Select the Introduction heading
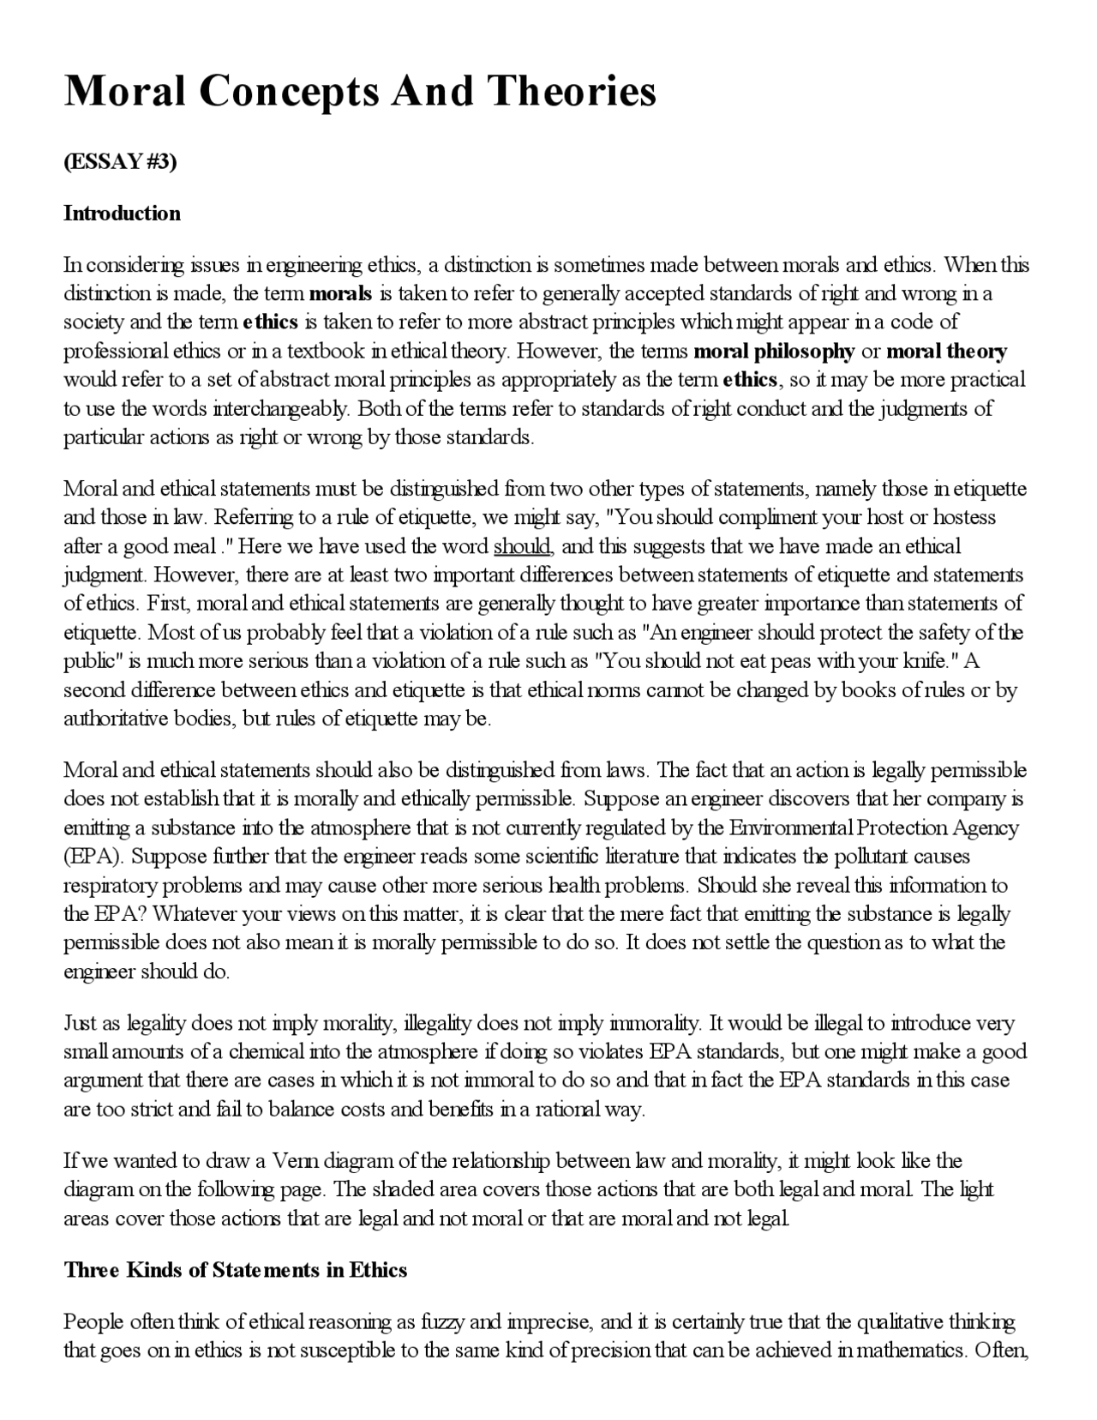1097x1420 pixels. click(x=122, y=214)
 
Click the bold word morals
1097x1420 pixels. click(x=340, y=294)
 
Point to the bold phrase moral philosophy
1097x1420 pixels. click(x=774, y=352)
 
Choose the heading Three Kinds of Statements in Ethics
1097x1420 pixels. click(x=235, y=1270)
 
